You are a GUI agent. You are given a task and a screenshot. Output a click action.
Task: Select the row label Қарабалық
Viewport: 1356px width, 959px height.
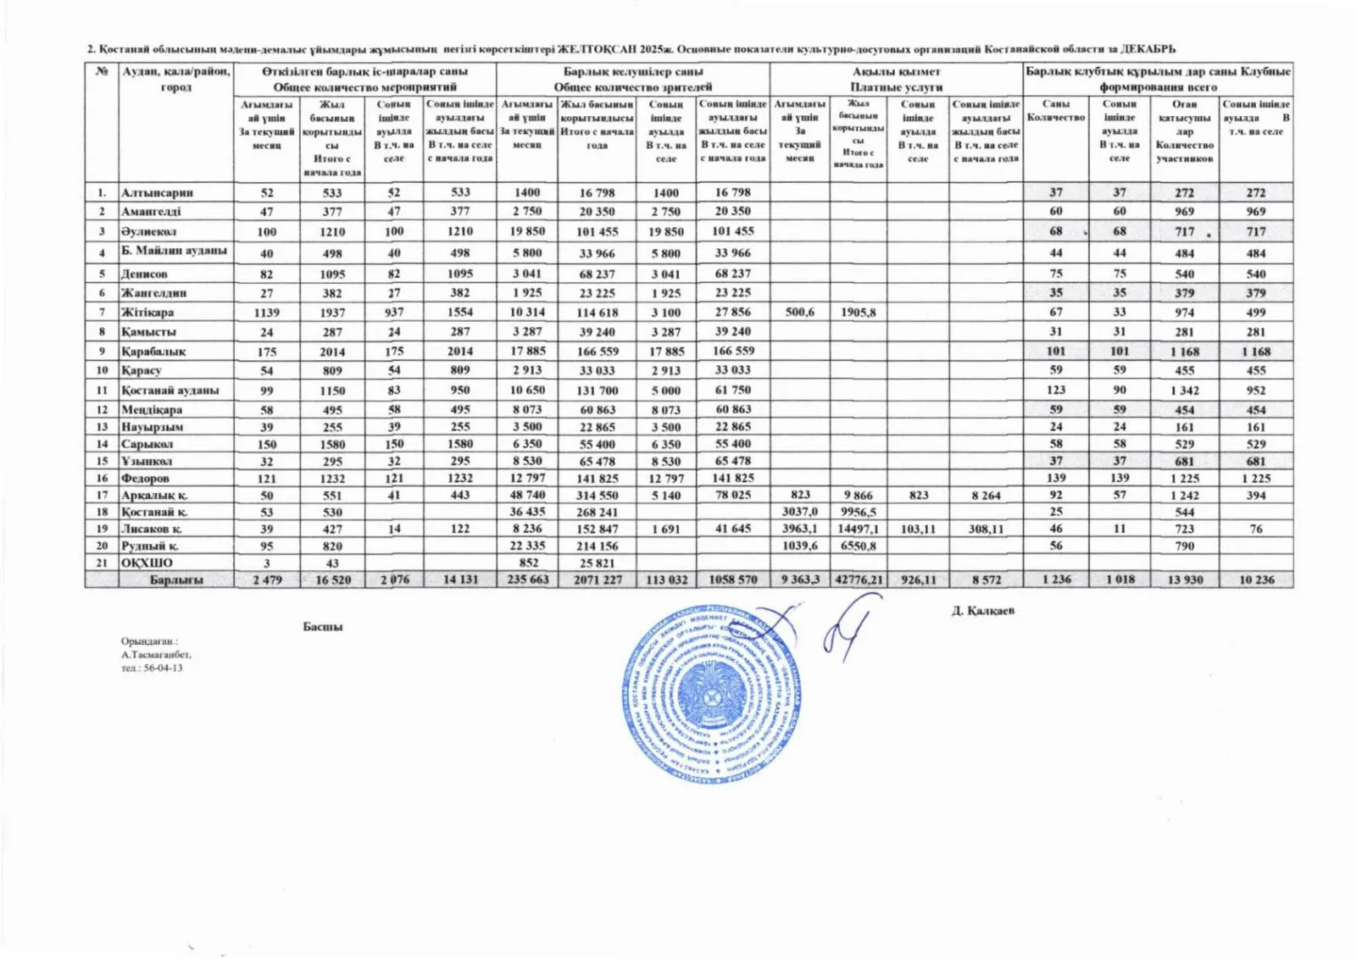153,351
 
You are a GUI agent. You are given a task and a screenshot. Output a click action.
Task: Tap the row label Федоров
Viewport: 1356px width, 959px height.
145,478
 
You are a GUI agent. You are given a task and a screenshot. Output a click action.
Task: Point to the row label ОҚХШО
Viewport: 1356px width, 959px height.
147,563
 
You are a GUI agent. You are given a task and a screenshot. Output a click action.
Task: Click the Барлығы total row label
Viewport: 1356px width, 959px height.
176,580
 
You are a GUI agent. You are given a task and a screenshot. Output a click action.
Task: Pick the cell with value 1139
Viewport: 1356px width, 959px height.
267,312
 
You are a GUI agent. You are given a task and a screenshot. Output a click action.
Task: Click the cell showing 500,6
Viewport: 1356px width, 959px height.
799,312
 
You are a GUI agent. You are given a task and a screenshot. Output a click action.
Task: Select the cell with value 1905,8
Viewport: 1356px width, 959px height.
858,312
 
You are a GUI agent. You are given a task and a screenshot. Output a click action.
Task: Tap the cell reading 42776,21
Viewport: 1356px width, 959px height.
859,580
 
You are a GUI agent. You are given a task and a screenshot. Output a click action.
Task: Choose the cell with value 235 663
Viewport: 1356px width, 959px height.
527,580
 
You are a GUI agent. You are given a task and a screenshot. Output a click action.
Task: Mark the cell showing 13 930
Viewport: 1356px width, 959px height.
1185,580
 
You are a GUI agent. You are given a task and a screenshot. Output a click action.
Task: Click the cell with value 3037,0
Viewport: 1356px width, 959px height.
799,512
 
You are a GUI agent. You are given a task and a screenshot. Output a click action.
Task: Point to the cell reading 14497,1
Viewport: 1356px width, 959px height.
858,529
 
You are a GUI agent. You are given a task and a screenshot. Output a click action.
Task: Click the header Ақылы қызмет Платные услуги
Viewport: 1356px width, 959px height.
896,79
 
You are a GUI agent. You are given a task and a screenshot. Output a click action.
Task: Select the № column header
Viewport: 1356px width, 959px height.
102,71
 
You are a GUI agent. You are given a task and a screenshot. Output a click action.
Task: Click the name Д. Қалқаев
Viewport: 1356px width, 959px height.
982,610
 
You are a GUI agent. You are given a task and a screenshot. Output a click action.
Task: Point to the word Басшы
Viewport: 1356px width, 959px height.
323,627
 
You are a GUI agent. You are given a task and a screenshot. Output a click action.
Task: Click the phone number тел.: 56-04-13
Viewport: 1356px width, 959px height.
152,668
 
